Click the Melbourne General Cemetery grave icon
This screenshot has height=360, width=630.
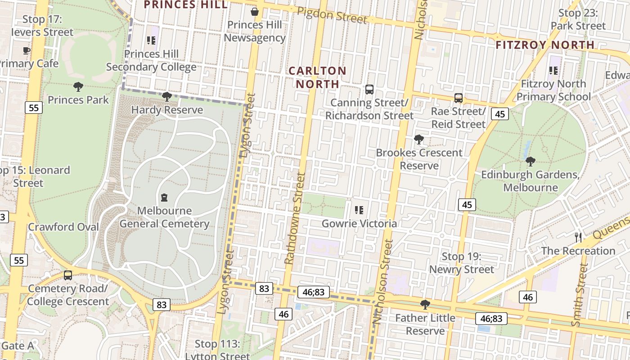[164, 198]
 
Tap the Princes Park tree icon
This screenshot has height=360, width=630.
[78, 87]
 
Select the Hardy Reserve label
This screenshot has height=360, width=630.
[167, 110]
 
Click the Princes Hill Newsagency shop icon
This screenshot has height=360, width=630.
[255, 12]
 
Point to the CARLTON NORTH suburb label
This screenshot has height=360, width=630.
[317, 77]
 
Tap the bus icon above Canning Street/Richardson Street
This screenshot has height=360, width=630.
[369, 90]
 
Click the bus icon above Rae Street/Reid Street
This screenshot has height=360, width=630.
[459, 98]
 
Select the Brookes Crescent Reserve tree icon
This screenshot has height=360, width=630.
[419, 139]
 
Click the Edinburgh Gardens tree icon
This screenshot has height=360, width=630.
[531, 161]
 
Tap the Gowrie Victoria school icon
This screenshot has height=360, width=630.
[359, 210]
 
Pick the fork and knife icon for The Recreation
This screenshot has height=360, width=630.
[578, 238]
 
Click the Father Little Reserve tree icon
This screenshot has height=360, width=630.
[425, 305]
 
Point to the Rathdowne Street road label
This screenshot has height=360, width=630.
[295, 218]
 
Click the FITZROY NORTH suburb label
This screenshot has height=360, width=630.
[545, 45]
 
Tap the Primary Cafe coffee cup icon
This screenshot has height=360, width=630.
[27, 50]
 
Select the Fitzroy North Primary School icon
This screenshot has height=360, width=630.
[553, 71]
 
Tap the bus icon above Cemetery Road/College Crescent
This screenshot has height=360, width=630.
[68, 275]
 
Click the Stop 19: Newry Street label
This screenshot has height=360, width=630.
[461, 263]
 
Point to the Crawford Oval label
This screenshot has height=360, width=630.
[63, 227]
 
